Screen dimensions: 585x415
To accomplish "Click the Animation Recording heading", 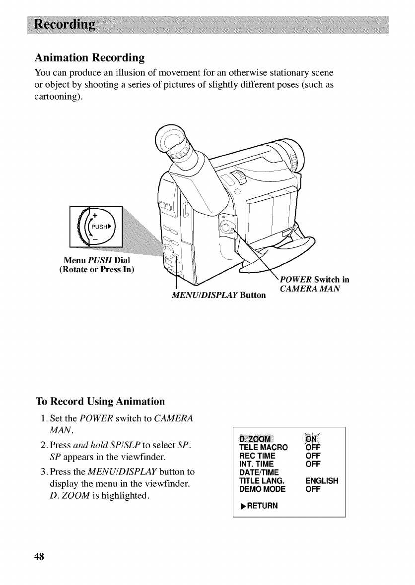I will tap(89, 58).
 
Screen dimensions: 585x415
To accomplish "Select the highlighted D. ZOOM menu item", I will tap(256, 439).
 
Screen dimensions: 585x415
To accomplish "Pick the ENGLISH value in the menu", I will tap(322, 480).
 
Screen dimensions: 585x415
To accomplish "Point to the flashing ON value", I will tap(313, 439).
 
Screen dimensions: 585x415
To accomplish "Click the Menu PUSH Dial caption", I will tap(97, 261).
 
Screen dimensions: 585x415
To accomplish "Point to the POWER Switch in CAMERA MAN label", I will tap(313, 284).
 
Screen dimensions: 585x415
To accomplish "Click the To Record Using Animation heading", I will tap(100, 401).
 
